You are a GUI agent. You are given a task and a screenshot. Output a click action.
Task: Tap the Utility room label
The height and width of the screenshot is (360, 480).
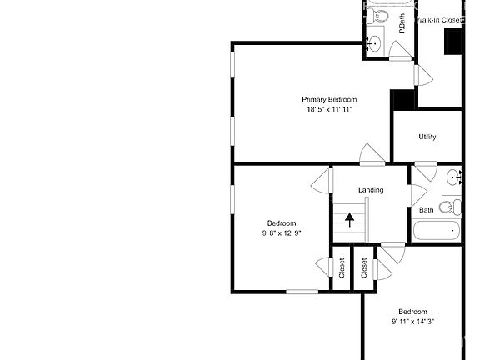427,137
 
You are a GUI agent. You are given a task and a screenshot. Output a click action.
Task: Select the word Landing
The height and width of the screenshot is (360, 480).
371,190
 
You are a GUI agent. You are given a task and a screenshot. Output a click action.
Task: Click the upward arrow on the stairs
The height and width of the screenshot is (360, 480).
349,220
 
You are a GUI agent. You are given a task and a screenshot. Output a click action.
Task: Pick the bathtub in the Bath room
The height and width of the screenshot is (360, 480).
437,231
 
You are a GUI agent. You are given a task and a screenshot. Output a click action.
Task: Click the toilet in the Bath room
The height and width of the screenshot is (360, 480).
448,207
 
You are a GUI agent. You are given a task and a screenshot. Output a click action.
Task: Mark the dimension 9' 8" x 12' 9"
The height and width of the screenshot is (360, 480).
281,233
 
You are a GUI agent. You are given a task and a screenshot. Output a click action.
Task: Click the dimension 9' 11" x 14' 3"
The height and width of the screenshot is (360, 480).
412,322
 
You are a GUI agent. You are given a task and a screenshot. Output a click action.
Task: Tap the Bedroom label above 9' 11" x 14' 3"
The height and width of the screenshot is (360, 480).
412,311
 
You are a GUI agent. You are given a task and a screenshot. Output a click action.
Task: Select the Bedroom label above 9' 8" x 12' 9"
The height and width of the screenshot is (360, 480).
281,222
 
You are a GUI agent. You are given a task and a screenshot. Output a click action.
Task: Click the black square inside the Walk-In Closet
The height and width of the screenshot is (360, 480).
454,41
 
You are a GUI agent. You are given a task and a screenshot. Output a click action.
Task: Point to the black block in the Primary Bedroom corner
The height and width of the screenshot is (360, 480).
403,98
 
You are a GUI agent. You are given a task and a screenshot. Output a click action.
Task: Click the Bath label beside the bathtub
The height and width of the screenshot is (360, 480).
426,210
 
